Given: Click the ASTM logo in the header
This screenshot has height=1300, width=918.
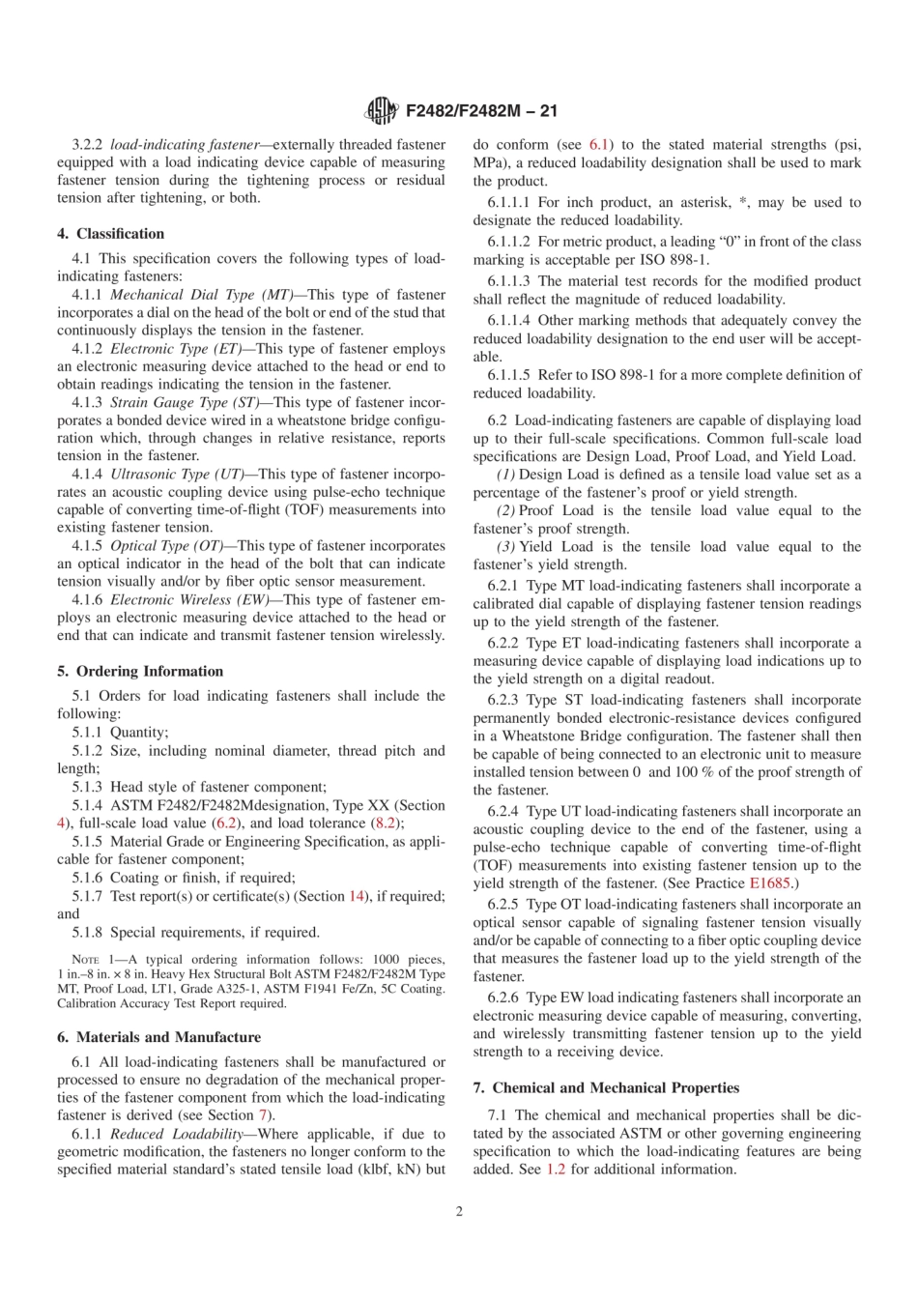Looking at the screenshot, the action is click(x=382, y=111).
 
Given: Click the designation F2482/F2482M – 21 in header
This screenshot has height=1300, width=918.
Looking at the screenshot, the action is click(x=481, y=111).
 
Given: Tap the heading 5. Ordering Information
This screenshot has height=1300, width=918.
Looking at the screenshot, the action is click(x=140, y=671).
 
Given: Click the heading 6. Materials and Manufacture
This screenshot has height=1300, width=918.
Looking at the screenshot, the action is click(x=158, y=1037).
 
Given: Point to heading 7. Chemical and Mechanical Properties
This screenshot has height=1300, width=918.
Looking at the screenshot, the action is click(x=606, y=1087).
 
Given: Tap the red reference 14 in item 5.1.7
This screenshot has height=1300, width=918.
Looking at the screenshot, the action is click(x=358, y=896).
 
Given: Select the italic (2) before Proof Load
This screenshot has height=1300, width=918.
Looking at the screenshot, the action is click(x=505, y=510).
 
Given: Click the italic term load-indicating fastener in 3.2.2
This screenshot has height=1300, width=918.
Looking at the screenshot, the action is click(x=185, y=144).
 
